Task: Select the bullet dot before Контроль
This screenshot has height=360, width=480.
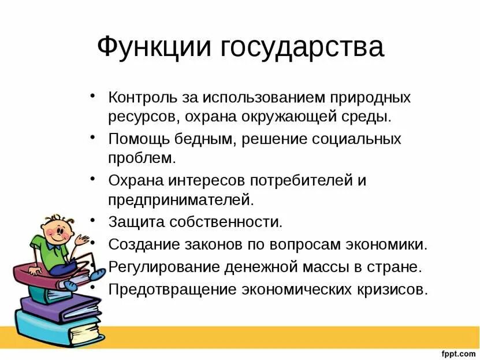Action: point(94,95)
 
